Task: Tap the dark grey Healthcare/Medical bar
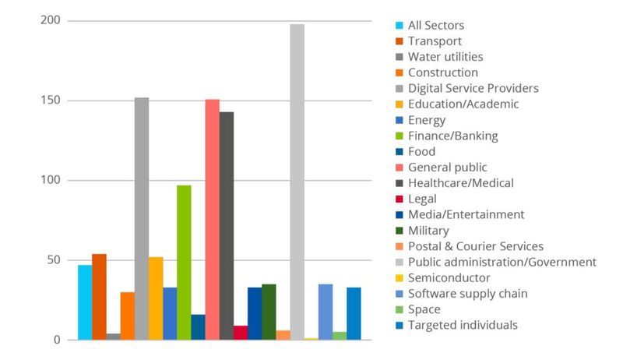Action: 226,226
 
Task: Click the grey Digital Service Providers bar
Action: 141,219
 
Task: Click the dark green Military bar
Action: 269,312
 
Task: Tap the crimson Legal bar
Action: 241,333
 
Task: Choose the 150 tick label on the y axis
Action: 51,101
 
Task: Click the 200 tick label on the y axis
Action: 51,20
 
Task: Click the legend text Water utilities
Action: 445,57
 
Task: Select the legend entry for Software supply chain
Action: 467,294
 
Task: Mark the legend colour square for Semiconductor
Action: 399,278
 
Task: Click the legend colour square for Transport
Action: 399,41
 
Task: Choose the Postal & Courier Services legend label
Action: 476,246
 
